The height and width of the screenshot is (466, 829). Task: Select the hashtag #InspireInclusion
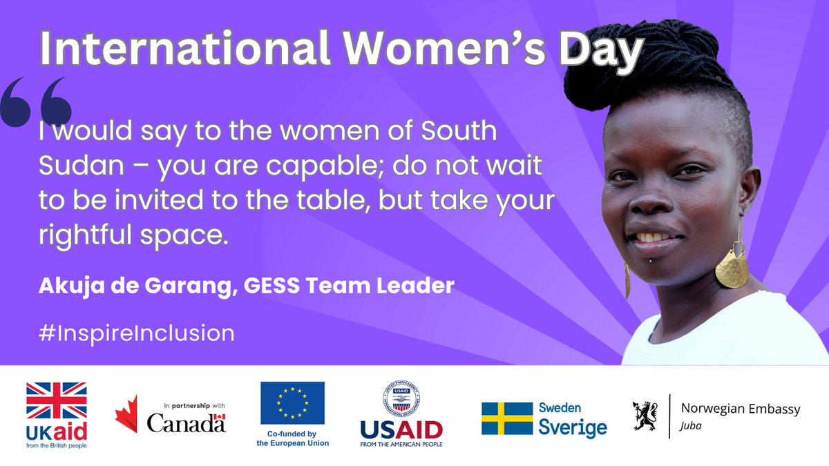tap(137, 333)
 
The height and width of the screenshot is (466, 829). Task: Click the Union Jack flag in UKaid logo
tap(57, 401)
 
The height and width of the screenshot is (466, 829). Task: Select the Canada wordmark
tap(186, 422)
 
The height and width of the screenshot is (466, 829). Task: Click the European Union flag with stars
tap(292, 402)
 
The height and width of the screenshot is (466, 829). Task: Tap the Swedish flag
tap(507, 418)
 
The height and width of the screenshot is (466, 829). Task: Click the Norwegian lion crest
tap(646, 416)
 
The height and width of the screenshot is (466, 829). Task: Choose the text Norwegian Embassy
tap(741, 409)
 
